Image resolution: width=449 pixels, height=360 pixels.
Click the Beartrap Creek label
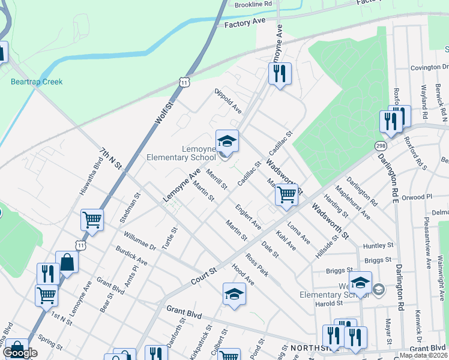tap(37, 82)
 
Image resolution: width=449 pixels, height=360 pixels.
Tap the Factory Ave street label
tap(245, 22)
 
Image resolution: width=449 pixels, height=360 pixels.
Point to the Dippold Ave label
tap(228, 101)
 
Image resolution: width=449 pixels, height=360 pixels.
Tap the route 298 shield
tap(380, 146)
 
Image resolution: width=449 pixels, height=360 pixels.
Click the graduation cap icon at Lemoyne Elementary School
tap(227, 142)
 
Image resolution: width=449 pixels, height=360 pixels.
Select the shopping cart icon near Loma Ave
tap(287, 194)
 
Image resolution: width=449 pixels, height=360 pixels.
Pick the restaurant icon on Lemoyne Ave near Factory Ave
tap(279, 74)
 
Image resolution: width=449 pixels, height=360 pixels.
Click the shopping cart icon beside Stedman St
tap(92, 220)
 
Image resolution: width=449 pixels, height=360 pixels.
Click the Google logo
tap(20, 353)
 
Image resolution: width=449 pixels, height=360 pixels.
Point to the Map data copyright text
tap(424, 355)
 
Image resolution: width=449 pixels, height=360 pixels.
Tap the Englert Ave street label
tap(249, 217)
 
